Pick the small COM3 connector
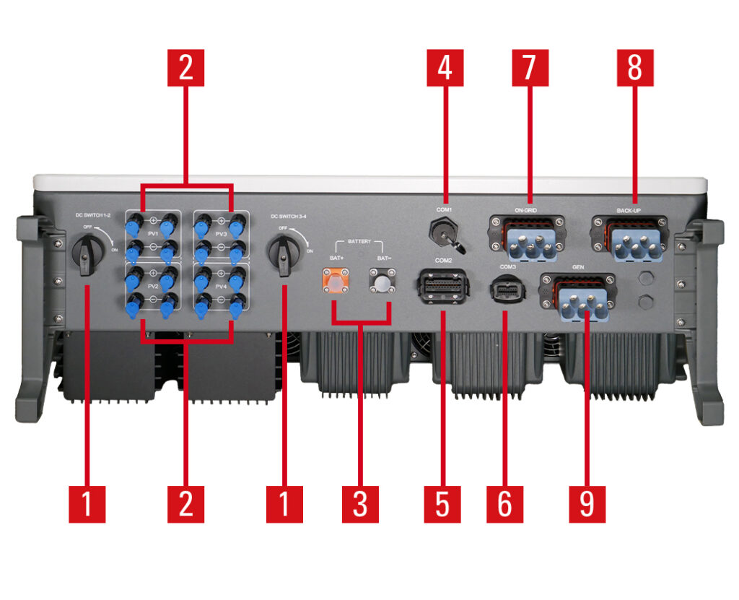504,290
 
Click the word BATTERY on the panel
359,242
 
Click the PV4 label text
221,287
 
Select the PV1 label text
153,233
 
